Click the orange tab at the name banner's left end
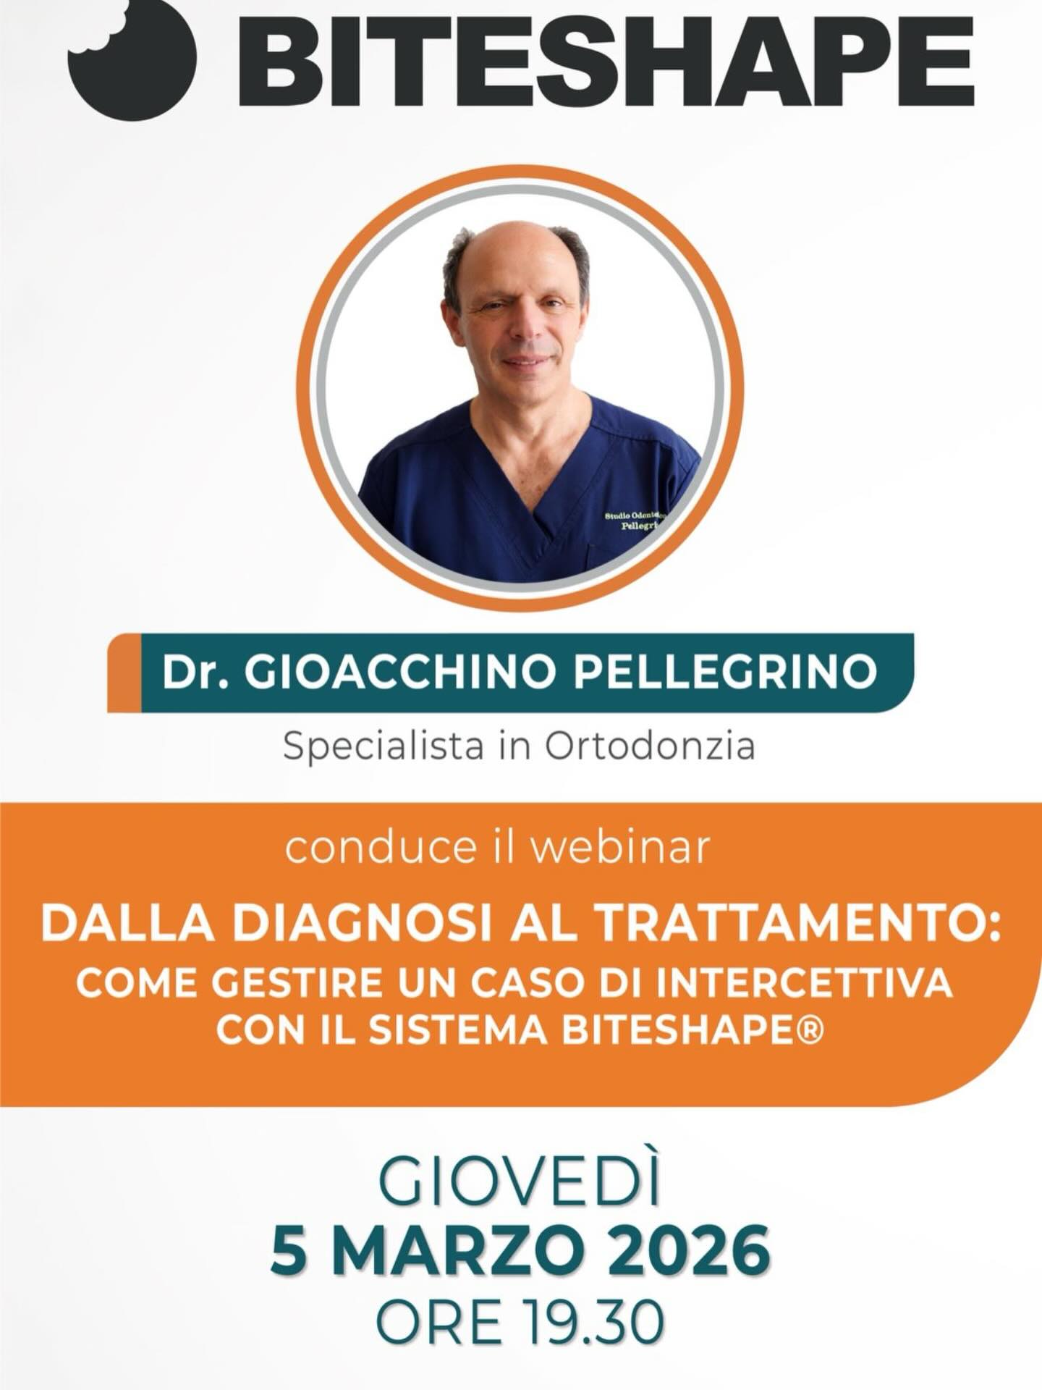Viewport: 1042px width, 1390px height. [124, 673]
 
